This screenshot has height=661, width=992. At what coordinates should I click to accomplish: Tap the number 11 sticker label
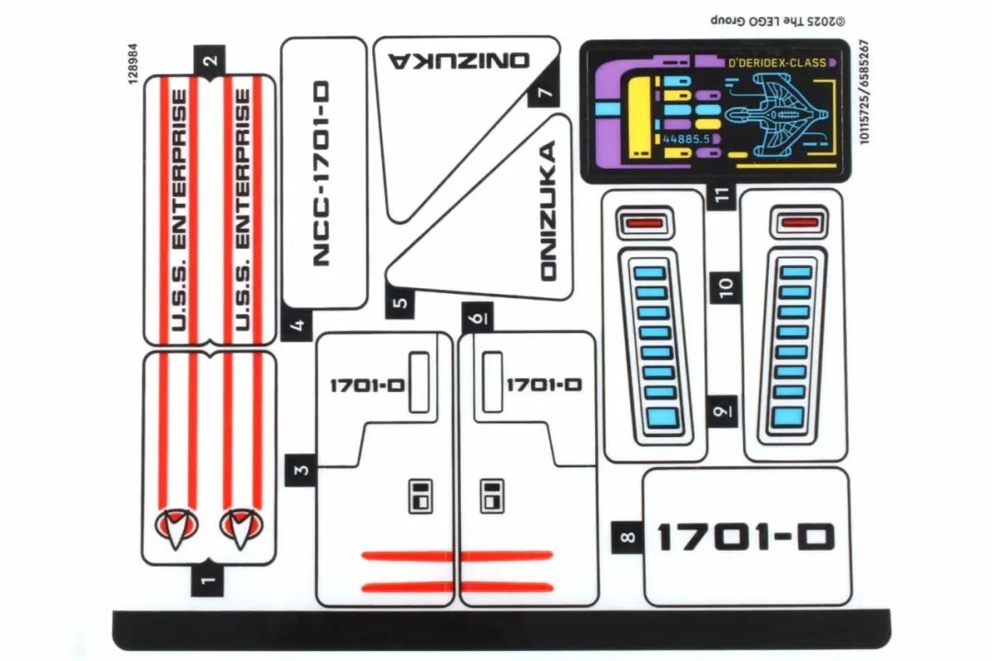click(x=722, y=195)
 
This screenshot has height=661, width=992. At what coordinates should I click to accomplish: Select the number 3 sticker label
click(x=299, y=469)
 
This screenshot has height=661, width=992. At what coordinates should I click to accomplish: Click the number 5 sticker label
click(x=400, y=302)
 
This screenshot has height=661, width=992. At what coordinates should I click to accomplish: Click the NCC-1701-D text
click(x=321, y=173)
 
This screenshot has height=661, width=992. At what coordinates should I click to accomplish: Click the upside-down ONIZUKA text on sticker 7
click(x=459, y=61)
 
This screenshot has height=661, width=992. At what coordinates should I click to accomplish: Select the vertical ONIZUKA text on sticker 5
click(x=548, y=210)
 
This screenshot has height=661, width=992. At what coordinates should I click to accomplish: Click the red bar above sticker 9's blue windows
click(x=644, y=222)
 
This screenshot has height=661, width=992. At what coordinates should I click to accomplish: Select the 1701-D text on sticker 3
click(x=366, y=386)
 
